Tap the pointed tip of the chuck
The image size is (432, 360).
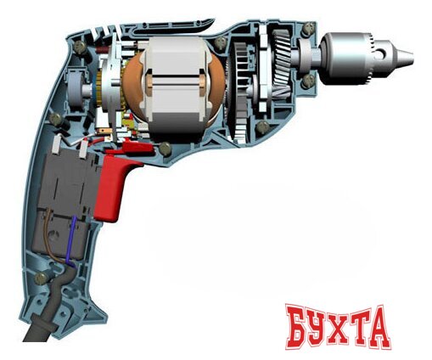tap(408, 55)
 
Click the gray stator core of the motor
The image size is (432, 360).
tap(177, 85)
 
